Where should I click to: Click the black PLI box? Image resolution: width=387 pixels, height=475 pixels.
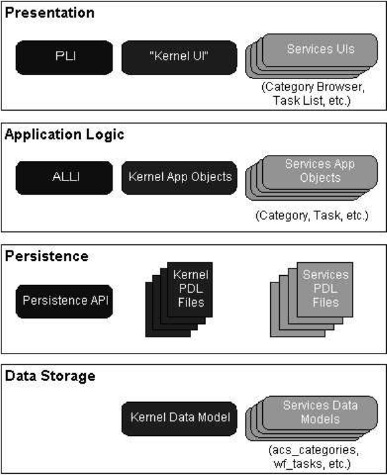[x=64, y=58]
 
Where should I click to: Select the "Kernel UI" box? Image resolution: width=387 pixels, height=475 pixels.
[x=179, y=58]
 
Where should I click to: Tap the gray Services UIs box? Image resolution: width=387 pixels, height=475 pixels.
[x=320, y=50]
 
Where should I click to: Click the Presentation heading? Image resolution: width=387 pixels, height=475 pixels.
[x=50, y=13]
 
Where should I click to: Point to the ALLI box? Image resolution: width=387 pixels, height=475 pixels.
[x=64, y=178]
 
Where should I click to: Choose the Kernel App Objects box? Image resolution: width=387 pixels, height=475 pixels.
[x=179, y=178]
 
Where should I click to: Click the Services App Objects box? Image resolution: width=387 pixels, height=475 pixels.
[x=320, y=172]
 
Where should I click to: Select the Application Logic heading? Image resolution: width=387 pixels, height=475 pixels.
[x=64, y=134]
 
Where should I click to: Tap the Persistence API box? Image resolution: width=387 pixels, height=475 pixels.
[x=64, y=301]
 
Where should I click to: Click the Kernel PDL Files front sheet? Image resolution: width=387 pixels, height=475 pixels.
[x=190, y=290]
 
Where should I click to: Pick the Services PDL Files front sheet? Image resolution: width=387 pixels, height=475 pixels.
[x=325, y=290]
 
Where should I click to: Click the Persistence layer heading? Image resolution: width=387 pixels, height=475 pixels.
[x=47, y=256]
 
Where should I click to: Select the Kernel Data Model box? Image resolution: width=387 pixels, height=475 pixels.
[x=179, y=419]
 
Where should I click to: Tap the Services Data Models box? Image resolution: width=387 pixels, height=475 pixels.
[x=320, y=413]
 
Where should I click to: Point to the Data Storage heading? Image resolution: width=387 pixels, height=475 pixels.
[x=50, y=376]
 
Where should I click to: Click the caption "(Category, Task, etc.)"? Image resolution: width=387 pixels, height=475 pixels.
[x=312, y=215]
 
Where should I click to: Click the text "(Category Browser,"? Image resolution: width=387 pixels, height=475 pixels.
[x=313, y=87]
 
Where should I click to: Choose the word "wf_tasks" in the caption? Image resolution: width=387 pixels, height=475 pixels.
[x=298, y=464]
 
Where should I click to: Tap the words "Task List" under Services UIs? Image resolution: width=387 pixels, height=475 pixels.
[x=298, y=101]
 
